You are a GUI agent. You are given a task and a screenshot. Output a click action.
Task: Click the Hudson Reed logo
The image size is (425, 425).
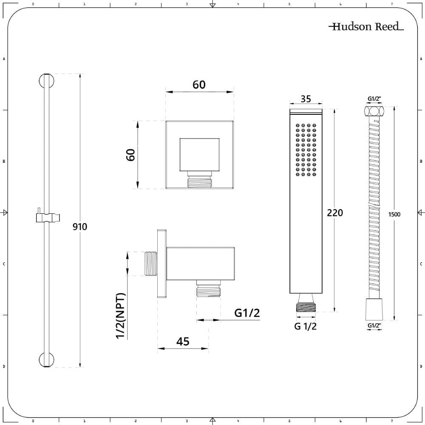point(366,27)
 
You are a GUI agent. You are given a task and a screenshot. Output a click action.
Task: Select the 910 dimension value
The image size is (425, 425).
point(79,227)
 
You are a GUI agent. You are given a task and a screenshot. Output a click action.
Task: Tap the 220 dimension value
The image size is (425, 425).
point(334,213)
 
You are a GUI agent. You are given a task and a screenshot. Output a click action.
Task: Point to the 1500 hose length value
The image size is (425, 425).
point(394,214)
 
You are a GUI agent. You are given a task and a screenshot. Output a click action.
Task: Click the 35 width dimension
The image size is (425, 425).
point(306,99)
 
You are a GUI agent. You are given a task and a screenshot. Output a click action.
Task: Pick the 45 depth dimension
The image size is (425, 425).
point(182,341)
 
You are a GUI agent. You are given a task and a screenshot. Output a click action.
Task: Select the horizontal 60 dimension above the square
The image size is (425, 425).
point(199,85)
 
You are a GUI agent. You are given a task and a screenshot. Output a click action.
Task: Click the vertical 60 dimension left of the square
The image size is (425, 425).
point(130,155)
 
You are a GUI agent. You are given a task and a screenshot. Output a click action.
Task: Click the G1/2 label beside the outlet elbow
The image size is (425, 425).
point(247,313)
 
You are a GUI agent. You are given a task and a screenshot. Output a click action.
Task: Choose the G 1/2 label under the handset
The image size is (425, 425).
point(306,326)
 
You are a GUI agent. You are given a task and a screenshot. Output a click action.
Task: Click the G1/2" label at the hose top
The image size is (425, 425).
point(374,99)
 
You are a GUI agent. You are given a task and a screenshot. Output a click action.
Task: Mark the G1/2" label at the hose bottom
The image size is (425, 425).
point(374,326)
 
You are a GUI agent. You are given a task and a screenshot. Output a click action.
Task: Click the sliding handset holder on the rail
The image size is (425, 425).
point(47,217)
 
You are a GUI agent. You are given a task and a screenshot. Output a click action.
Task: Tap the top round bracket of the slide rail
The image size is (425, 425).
point(47,80)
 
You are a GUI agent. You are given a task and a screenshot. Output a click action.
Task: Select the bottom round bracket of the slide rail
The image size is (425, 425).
point(47,360)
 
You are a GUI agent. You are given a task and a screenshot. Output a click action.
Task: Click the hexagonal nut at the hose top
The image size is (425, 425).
point(374,113)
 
